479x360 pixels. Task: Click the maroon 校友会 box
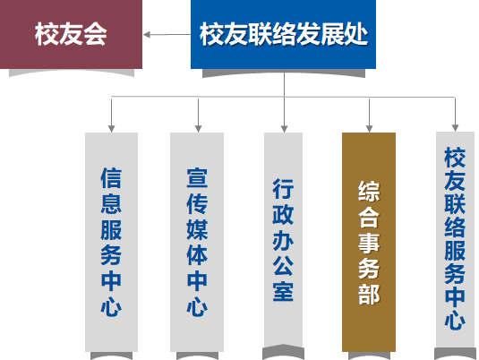[71, 34]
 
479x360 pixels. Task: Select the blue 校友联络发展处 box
[283, 34]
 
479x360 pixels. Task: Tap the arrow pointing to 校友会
[167, 35]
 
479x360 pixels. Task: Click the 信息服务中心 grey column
[112, 242]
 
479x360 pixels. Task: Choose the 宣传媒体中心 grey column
[197, 242]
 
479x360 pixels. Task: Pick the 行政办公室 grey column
[284, 240]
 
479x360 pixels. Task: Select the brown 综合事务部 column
[369, 242]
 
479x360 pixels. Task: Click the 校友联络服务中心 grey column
[455, 240]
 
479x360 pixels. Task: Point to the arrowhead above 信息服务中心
[112, 128]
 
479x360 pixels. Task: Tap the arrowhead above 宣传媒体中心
[198, 128]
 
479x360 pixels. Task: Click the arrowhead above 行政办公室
[285, 128]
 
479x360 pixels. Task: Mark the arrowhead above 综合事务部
[370, 128]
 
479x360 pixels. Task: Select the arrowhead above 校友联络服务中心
[455, 128]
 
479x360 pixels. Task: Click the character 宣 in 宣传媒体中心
[197, 177]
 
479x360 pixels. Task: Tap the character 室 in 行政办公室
[283, 291]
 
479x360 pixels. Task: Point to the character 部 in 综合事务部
[369, 295]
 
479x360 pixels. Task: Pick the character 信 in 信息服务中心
[111, 177]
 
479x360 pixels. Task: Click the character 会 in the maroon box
[95, 34]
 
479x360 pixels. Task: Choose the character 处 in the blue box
[355, 34]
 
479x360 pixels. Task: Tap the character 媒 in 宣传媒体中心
[197, 229]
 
